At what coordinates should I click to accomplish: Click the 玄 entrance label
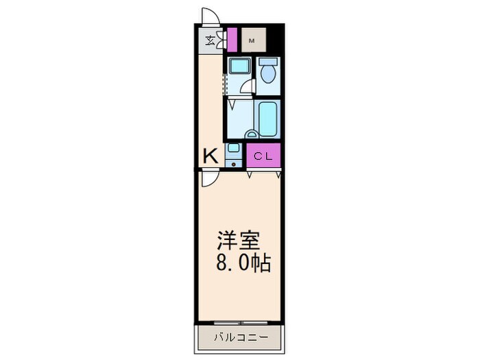tap(208, 40)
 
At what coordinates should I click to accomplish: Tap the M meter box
tap(252, 40)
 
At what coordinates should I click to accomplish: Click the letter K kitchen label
tap(210, 156)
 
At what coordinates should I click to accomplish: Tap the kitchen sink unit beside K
tap(234, 154)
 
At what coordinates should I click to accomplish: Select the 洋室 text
tap(238, 241)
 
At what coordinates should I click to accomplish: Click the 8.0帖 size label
tap(243, 262)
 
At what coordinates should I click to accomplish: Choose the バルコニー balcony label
tap(239, 337)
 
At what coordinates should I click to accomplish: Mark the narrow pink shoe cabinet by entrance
tap(232, 39)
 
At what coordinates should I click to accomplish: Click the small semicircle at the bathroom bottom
tap(252, 135)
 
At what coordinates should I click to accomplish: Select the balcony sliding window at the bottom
tap(239, 322)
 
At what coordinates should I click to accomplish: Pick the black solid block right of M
tap(274, 39)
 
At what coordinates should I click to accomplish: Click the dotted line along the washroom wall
tap(224, 81)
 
